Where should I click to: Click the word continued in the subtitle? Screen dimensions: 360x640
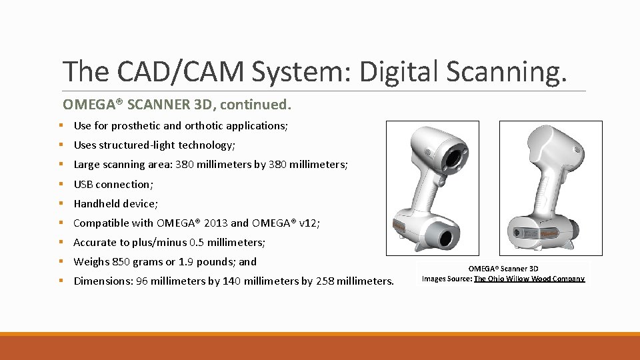pos(255,105)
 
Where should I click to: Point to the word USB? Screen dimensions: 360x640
pos(83,184)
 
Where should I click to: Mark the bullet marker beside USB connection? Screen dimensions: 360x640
pos(60,184)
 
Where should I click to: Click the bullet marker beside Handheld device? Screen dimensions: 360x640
pos(60,203)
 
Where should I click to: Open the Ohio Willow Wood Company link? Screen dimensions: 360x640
pos(529,279)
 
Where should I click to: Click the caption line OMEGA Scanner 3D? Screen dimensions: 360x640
pos(503,269)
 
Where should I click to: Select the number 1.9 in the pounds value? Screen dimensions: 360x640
pos(187,261)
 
